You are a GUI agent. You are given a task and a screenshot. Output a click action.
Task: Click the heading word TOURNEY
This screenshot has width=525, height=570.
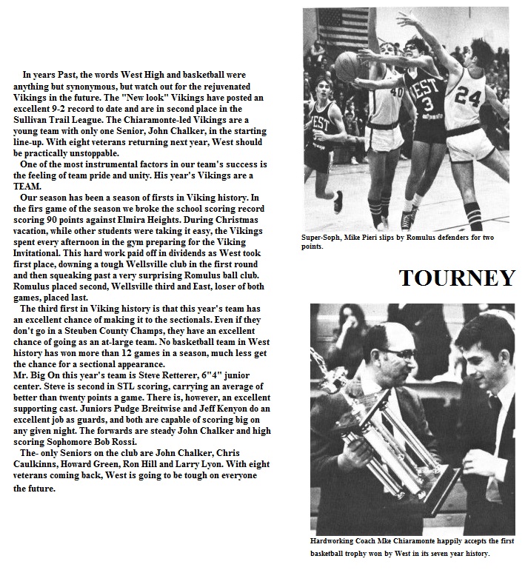coord(457,278)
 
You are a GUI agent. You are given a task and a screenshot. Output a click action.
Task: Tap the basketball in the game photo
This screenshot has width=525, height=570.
coord(350,62)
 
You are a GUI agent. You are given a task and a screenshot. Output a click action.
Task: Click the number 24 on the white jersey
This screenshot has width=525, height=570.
coord(468,95)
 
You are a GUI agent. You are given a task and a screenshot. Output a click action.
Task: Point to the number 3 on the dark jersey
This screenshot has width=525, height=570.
coord(427,104)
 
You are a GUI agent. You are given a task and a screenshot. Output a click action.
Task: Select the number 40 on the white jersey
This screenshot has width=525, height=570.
coord(396,93)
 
